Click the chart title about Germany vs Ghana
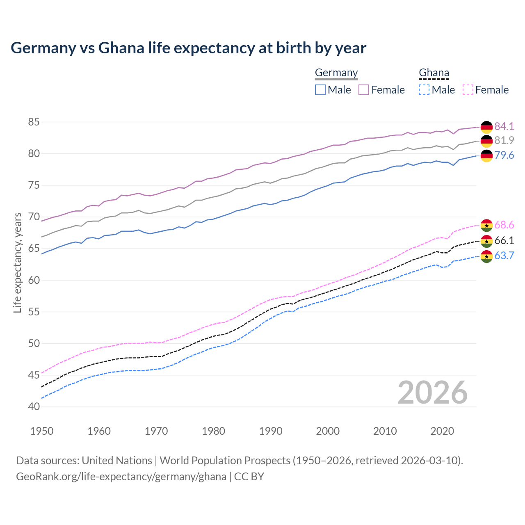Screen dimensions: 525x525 pyautogui.click(x=188, y=48)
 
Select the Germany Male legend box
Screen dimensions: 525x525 pyautogui.click(x=320, y=90)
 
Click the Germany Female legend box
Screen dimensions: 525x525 pyautogui.click(x=364, y=90)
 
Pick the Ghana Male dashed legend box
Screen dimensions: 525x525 pyautogui.click(x=424, y=90)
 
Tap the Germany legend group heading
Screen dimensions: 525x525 pyautogui.click(x=336, y=73)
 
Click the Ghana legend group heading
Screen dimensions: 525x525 pyautogui.click(x=434, y=73)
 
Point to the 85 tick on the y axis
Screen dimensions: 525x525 pyautogui.click(x=34, y=122)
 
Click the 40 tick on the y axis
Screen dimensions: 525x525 pyautogui.click(x=34, y=407)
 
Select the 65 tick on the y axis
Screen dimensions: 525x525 pyautogui.click(x=34, y=249)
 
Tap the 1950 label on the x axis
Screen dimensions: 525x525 pyautogui.click(x=42, y=431)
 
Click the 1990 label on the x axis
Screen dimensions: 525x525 pyautogui.click(x=271, y=431)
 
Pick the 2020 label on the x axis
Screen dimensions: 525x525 pyautogui.click(x=442, y=431)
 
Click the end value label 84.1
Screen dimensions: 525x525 pyautogui.click(x=504, y=126)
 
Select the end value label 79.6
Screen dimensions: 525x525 pyautogui.click(x=504, y=155)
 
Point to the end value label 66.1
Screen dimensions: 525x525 pyautogui.click(x=504, y=241)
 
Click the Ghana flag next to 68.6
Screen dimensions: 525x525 pyautogui.click(x=486, y=225)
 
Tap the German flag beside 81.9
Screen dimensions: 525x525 pyautogui.click(x=486, y=141)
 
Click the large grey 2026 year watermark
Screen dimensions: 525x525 pyautogui.click(x=433, y=393)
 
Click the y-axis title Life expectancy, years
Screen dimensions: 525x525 pyautogui.click(x=17, y=262)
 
